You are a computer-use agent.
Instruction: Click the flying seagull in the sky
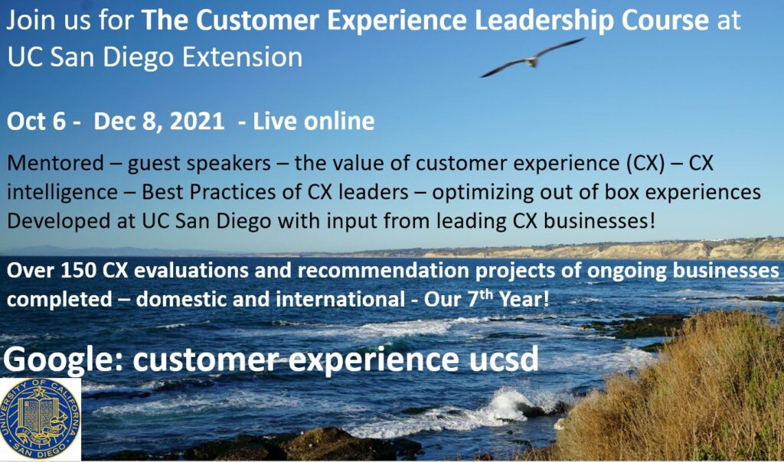[531, 59]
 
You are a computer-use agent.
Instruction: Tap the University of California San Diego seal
[40, 418]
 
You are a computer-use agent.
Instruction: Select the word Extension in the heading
[242, 57]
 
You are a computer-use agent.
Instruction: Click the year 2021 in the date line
[197, 122]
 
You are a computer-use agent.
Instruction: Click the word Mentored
[55, 164]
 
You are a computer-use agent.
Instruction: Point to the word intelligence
[62, 193]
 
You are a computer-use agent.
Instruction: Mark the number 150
[79, 270]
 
